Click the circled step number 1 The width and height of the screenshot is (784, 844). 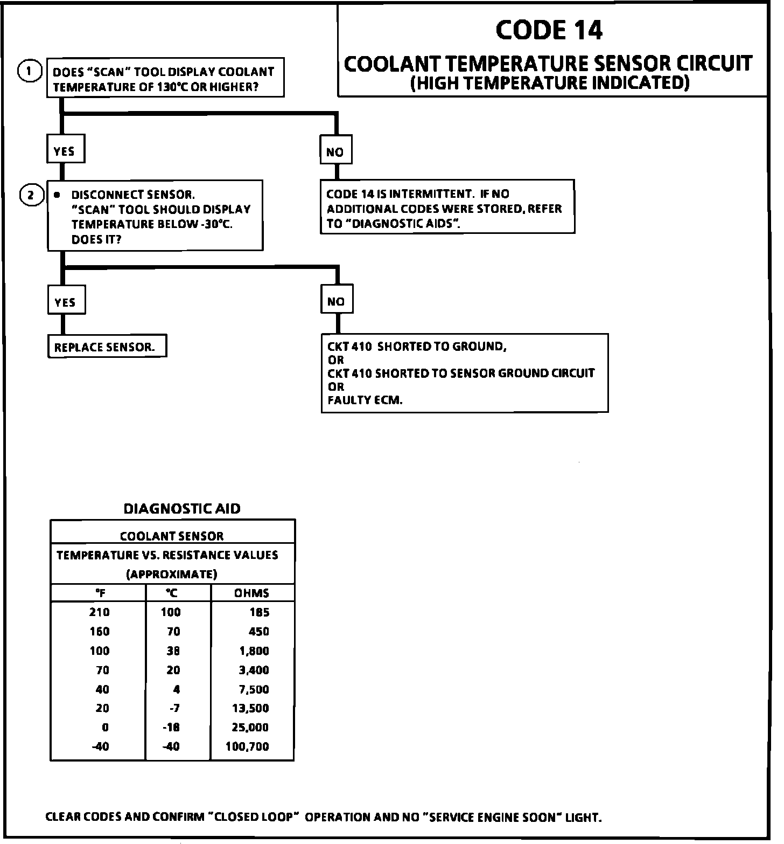[30, 71]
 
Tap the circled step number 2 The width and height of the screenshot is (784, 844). [31, 195]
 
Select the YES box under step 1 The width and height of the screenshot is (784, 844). [65, 151]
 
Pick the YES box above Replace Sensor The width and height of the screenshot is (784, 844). [65, 302]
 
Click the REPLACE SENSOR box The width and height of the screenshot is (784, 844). [106, 347]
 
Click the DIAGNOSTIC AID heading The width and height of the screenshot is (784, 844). [182, 509]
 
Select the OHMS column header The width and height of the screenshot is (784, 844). [251, 593]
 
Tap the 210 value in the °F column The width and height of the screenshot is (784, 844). [100, 612]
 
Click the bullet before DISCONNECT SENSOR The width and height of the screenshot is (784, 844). [57, 195]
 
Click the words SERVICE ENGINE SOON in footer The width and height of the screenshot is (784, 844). [493, 817]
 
